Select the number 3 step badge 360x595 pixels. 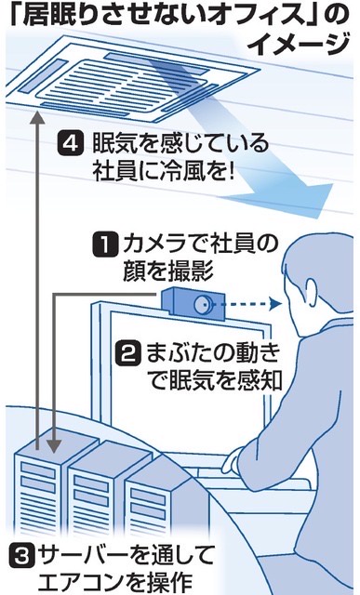[20, 556]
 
